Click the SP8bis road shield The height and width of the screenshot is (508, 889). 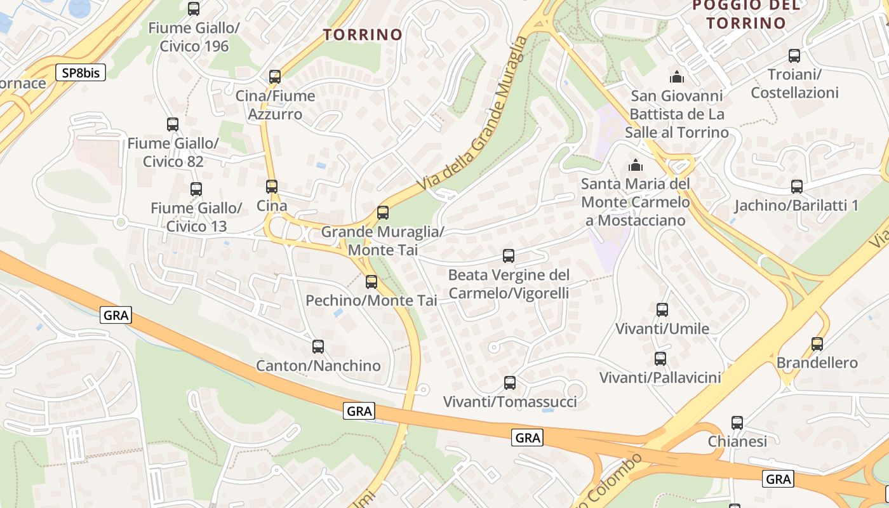click(81, 72)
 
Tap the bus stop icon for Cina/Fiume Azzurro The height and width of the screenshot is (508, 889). click(275, 77)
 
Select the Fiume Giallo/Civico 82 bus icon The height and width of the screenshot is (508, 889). click(173, 124)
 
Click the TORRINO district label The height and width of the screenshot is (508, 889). click(363, 34)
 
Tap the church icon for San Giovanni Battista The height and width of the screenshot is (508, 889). click(677, 77)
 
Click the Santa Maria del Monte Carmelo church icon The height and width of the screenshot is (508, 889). click(635, 166)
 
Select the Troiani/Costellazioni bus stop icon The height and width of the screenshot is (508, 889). click(794, 56)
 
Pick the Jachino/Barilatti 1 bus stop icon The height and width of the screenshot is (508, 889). click(797, 187)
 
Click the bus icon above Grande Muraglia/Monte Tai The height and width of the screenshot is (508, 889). click(383, 213)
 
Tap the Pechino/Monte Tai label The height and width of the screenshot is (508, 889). click(371, 300)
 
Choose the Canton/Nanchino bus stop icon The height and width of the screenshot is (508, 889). click(318, 347)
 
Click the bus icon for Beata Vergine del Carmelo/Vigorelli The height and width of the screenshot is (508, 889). click(509, 256)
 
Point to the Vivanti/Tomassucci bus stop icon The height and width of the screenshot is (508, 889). click(510, 383)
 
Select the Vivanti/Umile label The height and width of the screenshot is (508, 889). click(662, 329)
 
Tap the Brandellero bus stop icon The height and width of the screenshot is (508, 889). click(817, 344)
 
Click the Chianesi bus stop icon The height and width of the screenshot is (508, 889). click(737, 423)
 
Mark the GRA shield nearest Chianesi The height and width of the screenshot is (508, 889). click(779, 479)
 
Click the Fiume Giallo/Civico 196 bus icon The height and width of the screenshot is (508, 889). click(194, 9)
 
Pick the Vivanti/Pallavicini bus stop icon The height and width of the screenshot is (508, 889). click(660, 359)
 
